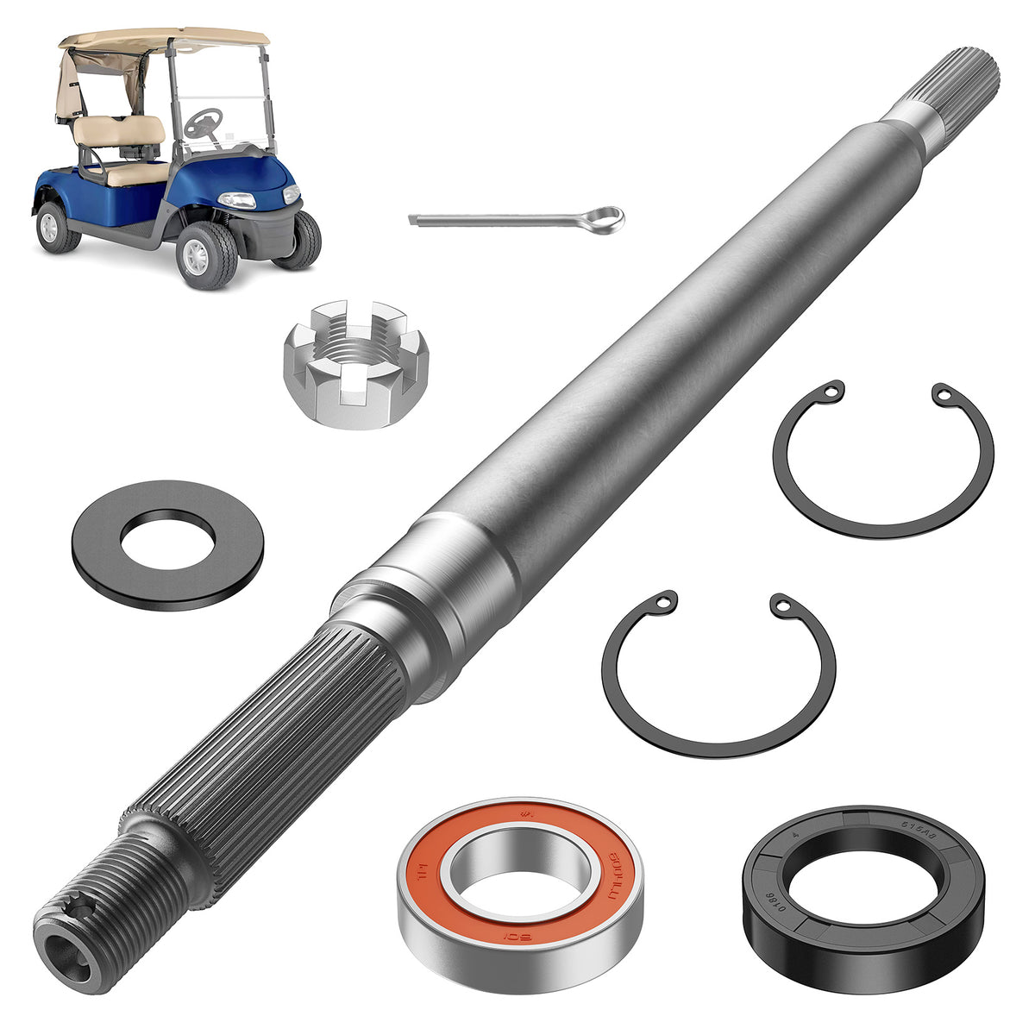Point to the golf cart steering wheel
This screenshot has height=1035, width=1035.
(204, 121)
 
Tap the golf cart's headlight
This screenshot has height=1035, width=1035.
(237, 200)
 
